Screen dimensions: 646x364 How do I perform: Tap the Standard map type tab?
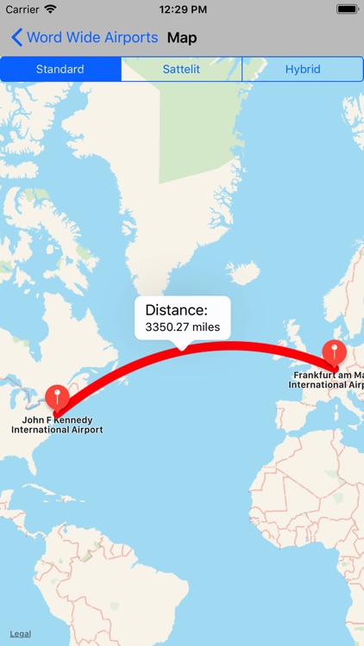point(60,69)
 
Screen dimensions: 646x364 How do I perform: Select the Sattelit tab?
point(181,69)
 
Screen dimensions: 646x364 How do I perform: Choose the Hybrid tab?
point(303,69)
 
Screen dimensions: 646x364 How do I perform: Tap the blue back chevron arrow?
point(16,38)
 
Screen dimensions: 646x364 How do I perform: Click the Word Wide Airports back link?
point(91,38)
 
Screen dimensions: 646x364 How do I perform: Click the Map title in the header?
point(182,38)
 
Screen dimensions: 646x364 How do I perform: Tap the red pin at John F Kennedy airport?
point(58,398)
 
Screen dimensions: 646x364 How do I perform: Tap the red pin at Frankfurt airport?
point(334,352)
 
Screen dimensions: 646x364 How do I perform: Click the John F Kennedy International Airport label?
point(57,425)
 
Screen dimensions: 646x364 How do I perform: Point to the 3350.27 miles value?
point(182,327)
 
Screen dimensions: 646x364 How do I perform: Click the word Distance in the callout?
point(176,310)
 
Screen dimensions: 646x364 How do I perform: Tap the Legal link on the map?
point(21,634)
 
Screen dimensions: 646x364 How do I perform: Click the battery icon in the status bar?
point(347,9)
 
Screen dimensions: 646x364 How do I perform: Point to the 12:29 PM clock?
point(181,9)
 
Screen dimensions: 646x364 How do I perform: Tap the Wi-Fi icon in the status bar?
point(50,9)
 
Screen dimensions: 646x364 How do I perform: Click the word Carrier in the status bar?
point(22,9)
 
